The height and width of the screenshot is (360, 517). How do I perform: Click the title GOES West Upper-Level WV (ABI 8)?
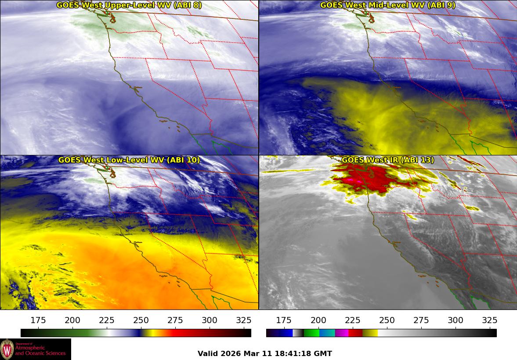(x=129, y=5)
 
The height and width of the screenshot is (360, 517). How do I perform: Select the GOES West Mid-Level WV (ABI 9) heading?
(x=387, y=5)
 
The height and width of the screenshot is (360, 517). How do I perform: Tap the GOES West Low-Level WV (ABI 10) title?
(x=129, y=160)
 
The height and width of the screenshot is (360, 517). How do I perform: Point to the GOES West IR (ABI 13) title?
(x=387, y=160)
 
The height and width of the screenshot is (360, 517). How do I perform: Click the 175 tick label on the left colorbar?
(x=39, y=320)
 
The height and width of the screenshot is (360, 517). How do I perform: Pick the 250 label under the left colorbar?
(x=141, y=320)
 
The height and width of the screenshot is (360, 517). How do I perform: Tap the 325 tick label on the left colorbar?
(x=244, y=320)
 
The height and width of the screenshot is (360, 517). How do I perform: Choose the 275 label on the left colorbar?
(x=175, y=320)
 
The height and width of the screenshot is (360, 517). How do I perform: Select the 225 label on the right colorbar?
(x=352, y=320)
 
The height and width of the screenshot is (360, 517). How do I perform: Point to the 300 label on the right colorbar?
(x=455, y=320)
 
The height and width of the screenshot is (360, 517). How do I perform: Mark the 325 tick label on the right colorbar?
(x=489, y=320)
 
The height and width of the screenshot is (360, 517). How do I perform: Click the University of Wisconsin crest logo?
(x=7, y=349)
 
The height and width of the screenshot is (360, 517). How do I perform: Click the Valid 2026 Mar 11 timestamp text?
(x=264, y=353)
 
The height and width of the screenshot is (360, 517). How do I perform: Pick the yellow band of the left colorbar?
(x=149, y=333)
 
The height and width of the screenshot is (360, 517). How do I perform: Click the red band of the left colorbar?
(x=180, y=333)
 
